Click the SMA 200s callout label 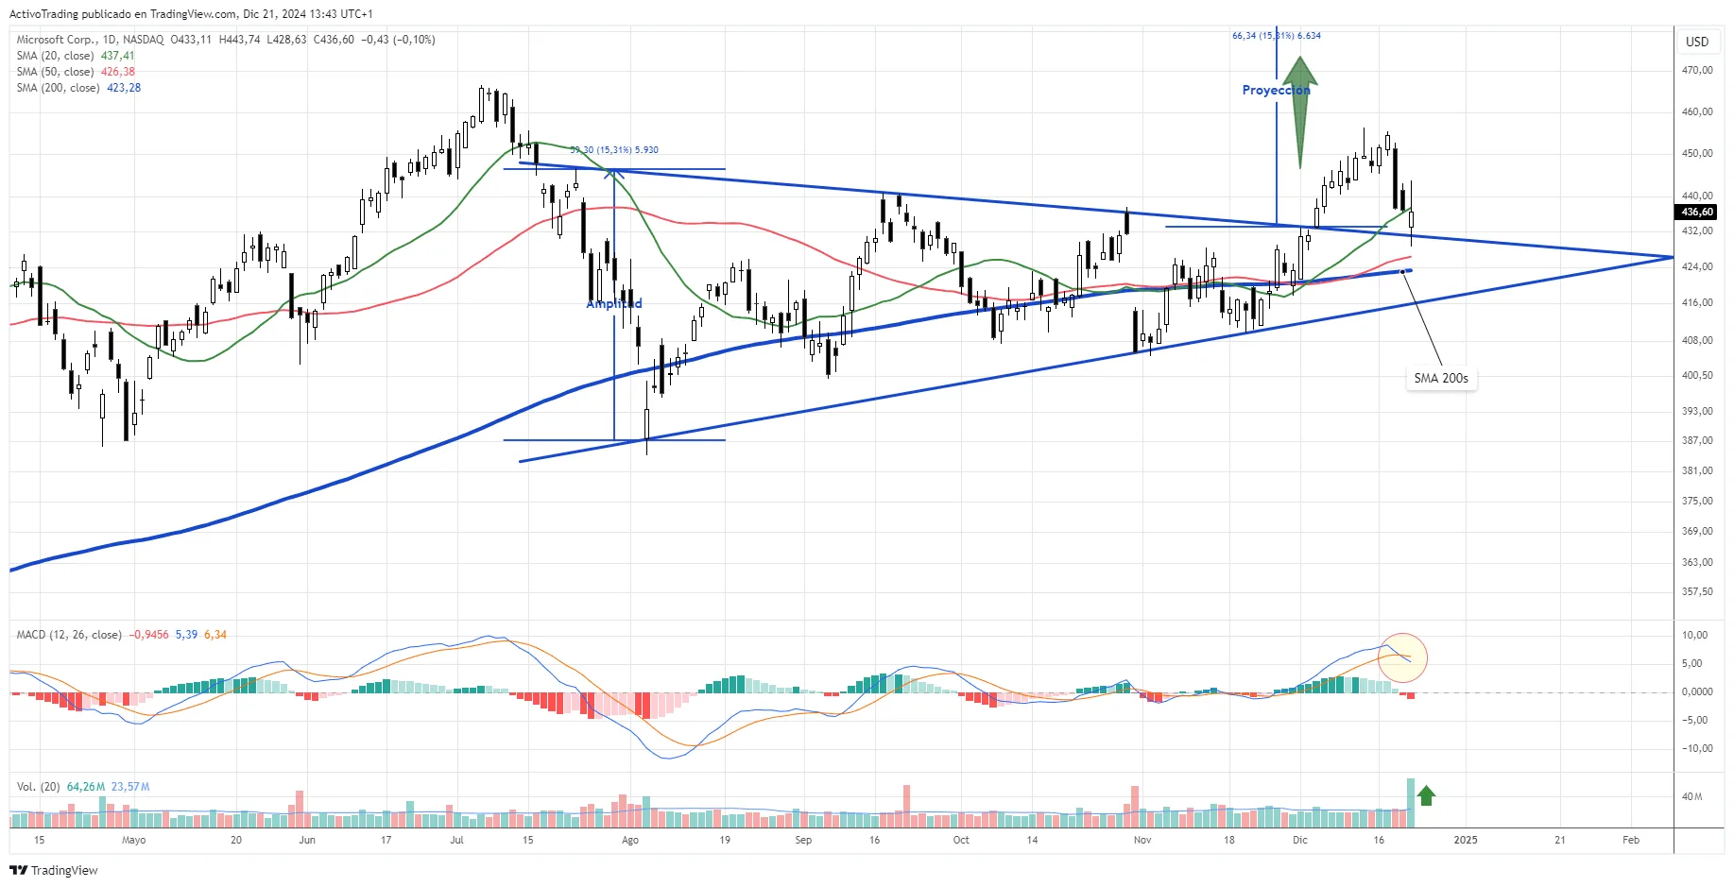pyautogui.click(x=1440, y=378)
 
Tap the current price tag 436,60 pyautogui.click(x=1697, y=213)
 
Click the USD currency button pyautogui.click(x=1697, y=42)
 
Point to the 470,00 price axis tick pyautogui.click(x=1697, y=70)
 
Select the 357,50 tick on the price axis pyautogui.click(x=1697, y=591)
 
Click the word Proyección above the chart pyautogui.click(x=1275, y=90)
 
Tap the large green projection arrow pyautogui.click(x=1300, y=109)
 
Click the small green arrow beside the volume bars pyautogui.click(x=1426, y=795)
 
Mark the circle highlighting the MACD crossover pyautogui.click(x=1402, y=657)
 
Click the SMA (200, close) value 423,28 pyautogui.click(x=124, y=88)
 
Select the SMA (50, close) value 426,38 pyautogui.click(x=118, y=72)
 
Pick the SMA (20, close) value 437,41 pyautogui.click(x=118, y=56)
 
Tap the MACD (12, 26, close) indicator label pyautogui.click(x=69, y=635)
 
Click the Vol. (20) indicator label pyautogui.click(x=38, y=787)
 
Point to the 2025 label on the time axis pyautogui.click(x=1465, y=840)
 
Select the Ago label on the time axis pyautogui.click(x=630, y=840)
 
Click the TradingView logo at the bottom pyautogui.click(x=54, y=870)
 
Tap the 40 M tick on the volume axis pyautogui.click(x=1691, y=796)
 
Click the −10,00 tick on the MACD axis pyautogui.click(x=1695, y=748)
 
